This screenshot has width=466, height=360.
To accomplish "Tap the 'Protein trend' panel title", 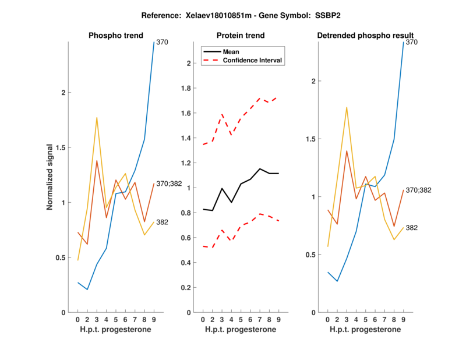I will pos(239,36).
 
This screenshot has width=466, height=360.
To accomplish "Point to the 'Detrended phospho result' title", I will pos(365,36).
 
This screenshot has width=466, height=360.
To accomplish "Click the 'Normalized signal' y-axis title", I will pos(50,177).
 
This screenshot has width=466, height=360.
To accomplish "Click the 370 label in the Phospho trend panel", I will pos(163,42).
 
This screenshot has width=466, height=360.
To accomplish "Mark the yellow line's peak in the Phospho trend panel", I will pos(97,118).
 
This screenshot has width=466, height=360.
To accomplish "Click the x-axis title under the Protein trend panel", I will pos(239,330).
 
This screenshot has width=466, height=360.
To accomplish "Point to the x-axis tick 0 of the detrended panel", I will pos(328,319).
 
